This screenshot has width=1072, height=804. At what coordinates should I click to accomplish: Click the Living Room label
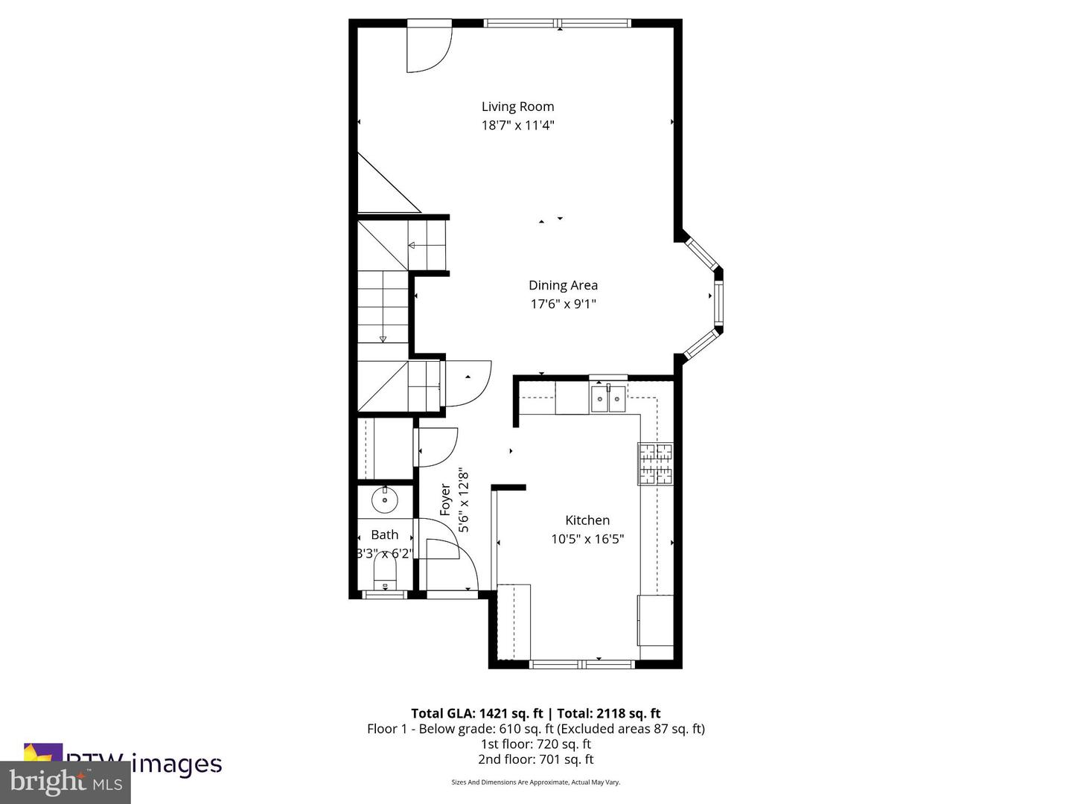517,106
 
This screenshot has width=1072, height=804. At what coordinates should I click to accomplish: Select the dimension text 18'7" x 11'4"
517,125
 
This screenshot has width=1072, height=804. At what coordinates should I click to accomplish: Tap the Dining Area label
563,285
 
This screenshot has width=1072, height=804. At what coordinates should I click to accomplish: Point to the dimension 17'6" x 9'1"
563,304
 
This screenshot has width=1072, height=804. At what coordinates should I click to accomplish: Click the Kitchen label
587,520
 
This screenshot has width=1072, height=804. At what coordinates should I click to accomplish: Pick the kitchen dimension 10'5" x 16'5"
587,539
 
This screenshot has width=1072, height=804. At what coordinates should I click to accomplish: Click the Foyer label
445,500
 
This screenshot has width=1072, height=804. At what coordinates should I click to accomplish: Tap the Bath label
384,535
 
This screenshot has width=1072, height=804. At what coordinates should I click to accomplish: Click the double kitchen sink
608,399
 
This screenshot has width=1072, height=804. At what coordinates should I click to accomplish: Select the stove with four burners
655,464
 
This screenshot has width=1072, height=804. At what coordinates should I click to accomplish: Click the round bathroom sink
385,500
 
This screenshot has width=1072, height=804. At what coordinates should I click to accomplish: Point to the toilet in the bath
385,574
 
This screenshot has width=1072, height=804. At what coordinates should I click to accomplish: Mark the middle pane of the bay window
718,304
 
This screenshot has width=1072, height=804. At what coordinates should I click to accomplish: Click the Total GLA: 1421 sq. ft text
476,713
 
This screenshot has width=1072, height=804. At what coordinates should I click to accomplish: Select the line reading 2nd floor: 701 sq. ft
535,759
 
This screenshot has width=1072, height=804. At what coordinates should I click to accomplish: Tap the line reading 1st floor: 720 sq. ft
535,744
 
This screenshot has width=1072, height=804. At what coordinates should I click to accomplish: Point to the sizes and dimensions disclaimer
535,782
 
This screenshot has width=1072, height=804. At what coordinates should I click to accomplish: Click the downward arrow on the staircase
383,339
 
